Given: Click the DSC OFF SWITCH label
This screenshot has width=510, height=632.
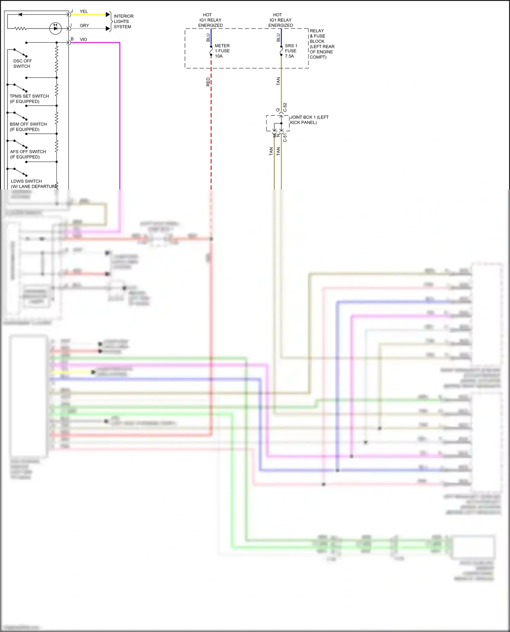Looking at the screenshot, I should [22, 64].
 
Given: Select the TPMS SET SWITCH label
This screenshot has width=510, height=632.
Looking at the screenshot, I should [29, 99].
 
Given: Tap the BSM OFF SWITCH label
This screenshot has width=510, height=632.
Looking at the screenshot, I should [28, 127].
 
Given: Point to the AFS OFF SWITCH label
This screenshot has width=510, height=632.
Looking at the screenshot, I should [28, 154].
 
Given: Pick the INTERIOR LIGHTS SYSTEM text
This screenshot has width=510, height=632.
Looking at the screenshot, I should [123, 21].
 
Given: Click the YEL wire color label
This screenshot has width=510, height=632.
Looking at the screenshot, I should [84, 12].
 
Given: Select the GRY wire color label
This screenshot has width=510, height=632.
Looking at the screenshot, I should [84, 25].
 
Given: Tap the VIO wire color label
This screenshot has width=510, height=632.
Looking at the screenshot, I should [83, 39].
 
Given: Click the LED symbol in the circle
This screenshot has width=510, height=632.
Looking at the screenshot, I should [55, 28].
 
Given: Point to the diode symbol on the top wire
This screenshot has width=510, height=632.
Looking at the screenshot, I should [20, 15].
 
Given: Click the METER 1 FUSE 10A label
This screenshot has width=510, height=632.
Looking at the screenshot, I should [222, 51].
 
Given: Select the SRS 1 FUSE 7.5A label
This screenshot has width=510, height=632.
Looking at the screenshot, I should [291, 51].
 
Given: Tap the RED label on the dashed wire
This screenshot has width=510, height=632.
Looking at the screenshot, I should [208, 82].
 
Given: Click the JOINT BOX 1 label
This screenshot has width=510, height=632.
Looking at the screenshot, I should [309, 120].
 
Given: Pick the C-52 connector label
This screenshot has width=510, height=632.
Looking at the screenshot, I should [285, 107].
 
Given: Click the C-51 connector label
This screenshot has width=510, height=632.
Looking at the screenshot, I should [285, 137].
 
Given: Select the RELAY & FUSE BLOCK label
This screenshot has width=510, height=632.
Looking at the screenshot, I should [322, 44].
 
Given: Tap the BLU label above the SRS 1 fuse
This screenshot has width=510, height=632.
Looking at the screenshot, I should [278, 38].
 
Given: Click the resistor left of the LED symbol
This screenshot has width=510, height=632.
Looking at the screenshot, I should [20, 29].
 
